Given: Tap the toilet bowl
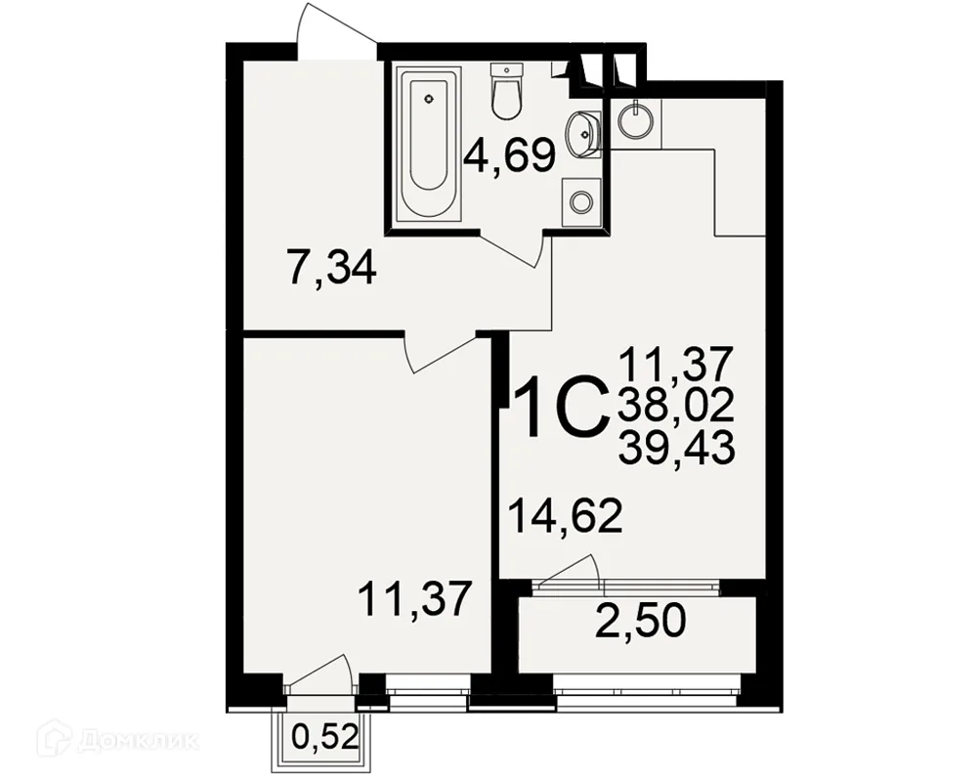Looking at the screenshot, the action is (x=505, y=99).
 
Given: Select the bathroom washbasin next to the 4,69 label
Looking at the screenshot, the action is (x=583, y=132).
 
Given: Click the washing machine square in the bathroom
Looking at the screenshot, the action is (x=581, y=201).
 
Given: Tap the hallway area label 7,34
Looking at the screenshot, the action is (x=331, y=267).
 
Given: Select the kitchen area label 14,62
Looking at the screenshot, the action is (x=566, y=516).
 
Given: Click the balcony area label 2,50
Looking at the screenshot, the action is (x=640, y=621).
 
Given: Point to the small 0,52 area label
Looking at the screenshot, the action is (x=325, y=738).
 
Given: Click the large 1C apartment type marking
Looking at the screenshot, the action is (x=561, y=406).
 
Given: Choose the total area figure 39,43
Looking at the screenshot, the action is (x=676, y=447).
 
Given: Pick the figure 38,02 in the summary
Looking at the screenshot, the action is (x=676, y=407).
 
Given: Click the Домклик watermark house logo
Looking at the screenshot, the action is (x=53, y=739).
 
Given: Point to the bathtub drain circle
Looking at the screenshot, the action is (x=429, y=99).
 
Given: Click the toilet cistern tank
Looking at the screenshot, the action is (x=505, y=69).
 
